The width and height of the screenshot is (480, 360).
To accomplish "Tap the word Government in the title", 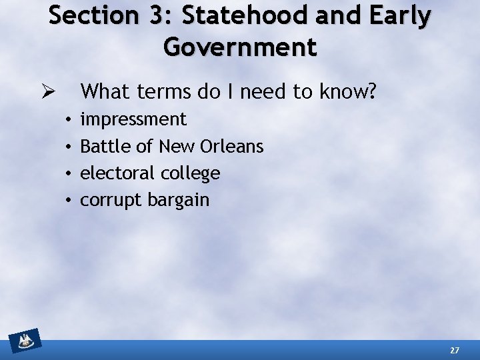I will tap(240, 47).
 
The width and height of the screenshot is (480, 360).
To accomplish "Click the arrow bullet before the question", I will tap(49, 91).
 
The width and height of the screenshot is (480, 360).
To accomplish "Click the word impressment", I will tap(133, 120).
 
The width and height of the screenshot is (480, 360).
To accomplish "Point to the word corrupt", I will tap(107, 201).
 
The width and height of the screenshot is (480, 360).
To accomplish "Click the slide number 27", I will tap(455, 350).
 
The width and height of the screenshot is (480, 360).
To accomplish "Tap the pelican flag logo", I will tap(25, 343).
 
